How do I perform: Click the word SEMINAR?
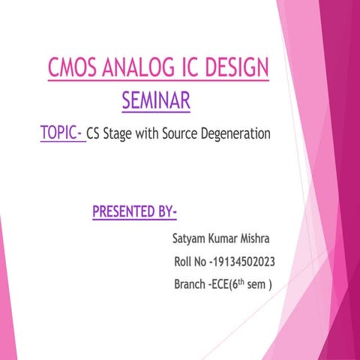pos(155,100)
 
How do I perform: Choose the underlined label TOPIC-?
pos(61,134)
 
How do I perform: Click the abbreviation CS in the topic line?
pos(94,136)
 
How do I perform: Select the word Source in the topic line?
pos(180,136)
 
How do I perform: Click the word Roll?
pos(184,262)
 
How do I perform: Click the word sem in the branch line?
pos(256,285)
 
